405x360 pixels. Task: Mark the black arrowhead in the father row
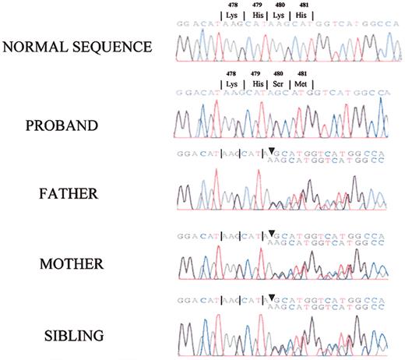tap(272, 151)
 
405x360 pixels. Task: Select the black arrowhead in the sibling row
tap(272, 297)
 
